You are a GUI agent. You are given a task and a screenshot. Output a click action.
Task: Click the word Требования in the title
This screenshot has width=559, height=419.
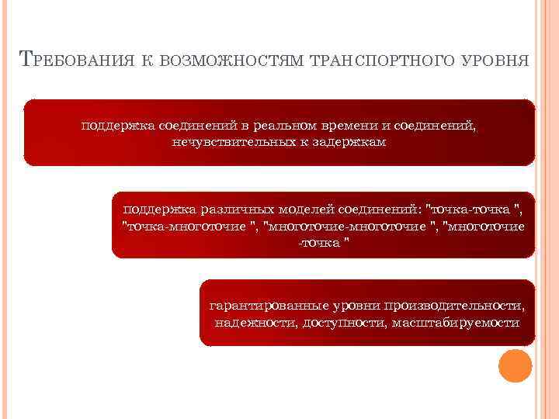tap(74, 61)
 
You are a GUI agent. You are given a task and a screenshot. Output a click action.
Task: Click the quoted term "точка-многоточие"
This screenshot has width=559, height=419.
tap(190, 226)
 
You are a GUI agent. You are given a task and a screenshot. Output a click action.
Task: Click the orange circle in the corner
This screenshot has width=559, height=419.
tap(514, 365)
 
